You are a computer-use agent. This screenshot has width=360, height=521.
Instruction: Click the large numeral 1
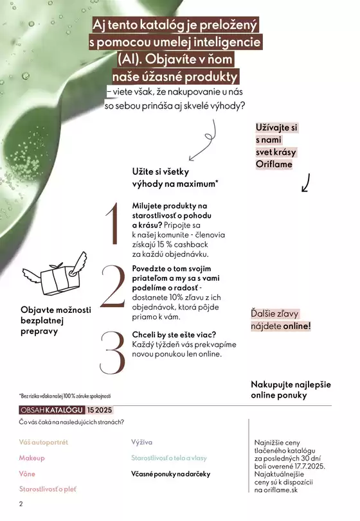click(113, 224)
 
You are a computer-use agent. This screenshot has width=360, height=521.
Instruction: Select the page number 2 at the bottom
click(21, 504)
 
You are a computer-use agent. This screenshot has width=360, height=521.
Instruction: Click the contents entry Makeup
click(32, 458)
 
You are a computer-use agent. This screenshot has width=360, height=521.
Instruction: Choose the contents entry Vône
click(27, 473)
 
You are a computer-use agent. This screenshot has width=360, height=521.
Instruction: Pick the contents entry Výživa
click(141, 443)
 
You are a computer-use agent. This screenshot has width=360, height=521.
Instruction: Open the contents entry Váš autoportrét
click(44, 443)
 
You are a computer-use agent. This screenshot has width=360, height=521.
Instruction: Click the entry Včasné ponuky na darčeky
click(170, 473)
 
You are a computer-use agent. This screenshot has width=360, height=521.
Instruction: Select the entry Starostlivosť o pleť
click(48, 490)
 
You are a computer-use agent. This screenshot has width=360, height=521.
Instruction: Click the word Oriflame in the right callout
click(274, 164)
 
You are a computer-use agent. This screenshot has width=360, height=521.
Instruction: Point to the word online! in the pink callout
click(296, 326)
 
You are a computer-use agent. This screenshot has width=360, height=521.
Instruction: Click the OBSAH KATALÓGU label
click(51, 410)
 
